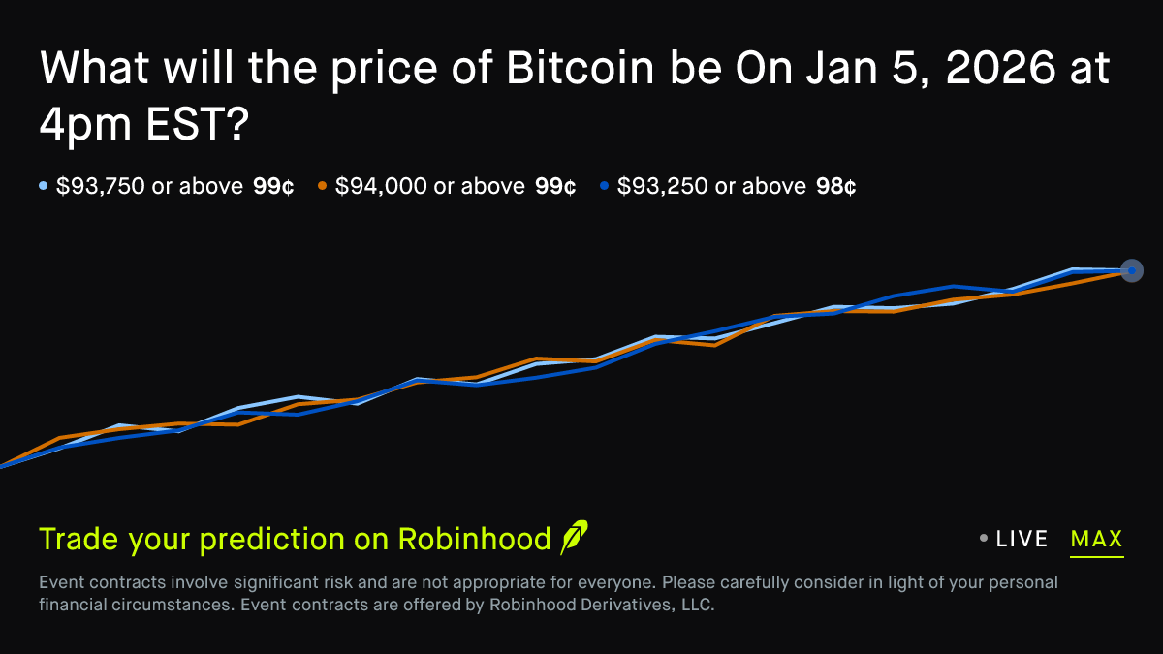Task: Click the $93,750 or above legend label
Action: coord(149,186)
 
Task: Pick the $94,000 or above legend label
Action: coord(430,186)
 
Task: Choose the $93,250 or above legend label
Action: coord(711,186)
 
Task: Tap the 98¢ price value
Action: coord(835,186)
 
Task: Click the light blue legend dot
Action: coord(44,186)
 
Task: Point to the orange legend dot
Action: coord(323,186)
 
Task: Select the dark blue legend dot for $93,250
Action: coord(604,186)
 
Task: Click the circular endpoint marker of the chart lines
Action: coord(1131,271)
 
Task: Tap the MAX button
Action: coord(1096,539)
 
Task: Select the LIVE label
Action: coord(1022,539)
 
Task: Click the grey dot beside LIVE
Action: coord(984,539)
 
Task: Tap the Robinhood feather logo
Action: coord(574,538)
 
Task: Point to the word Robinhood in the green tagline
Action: coord(474,539)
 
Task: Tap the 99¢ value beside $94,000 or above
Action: coord(555,186)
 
